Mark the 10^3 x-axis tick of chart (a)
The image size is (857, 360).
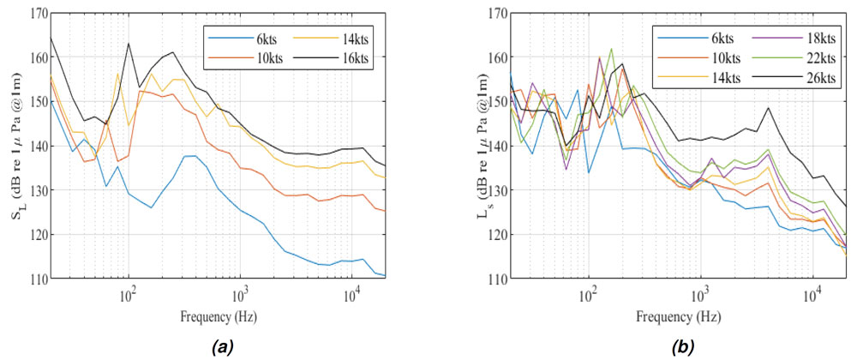click(241, 294)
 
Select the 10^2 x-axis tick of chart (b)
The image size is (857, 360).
click(588, 294)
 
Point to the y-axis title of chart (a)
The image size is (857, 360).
click(15, 146)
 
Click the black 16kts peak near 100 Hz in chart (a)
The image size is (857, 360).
click(129, 43)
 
